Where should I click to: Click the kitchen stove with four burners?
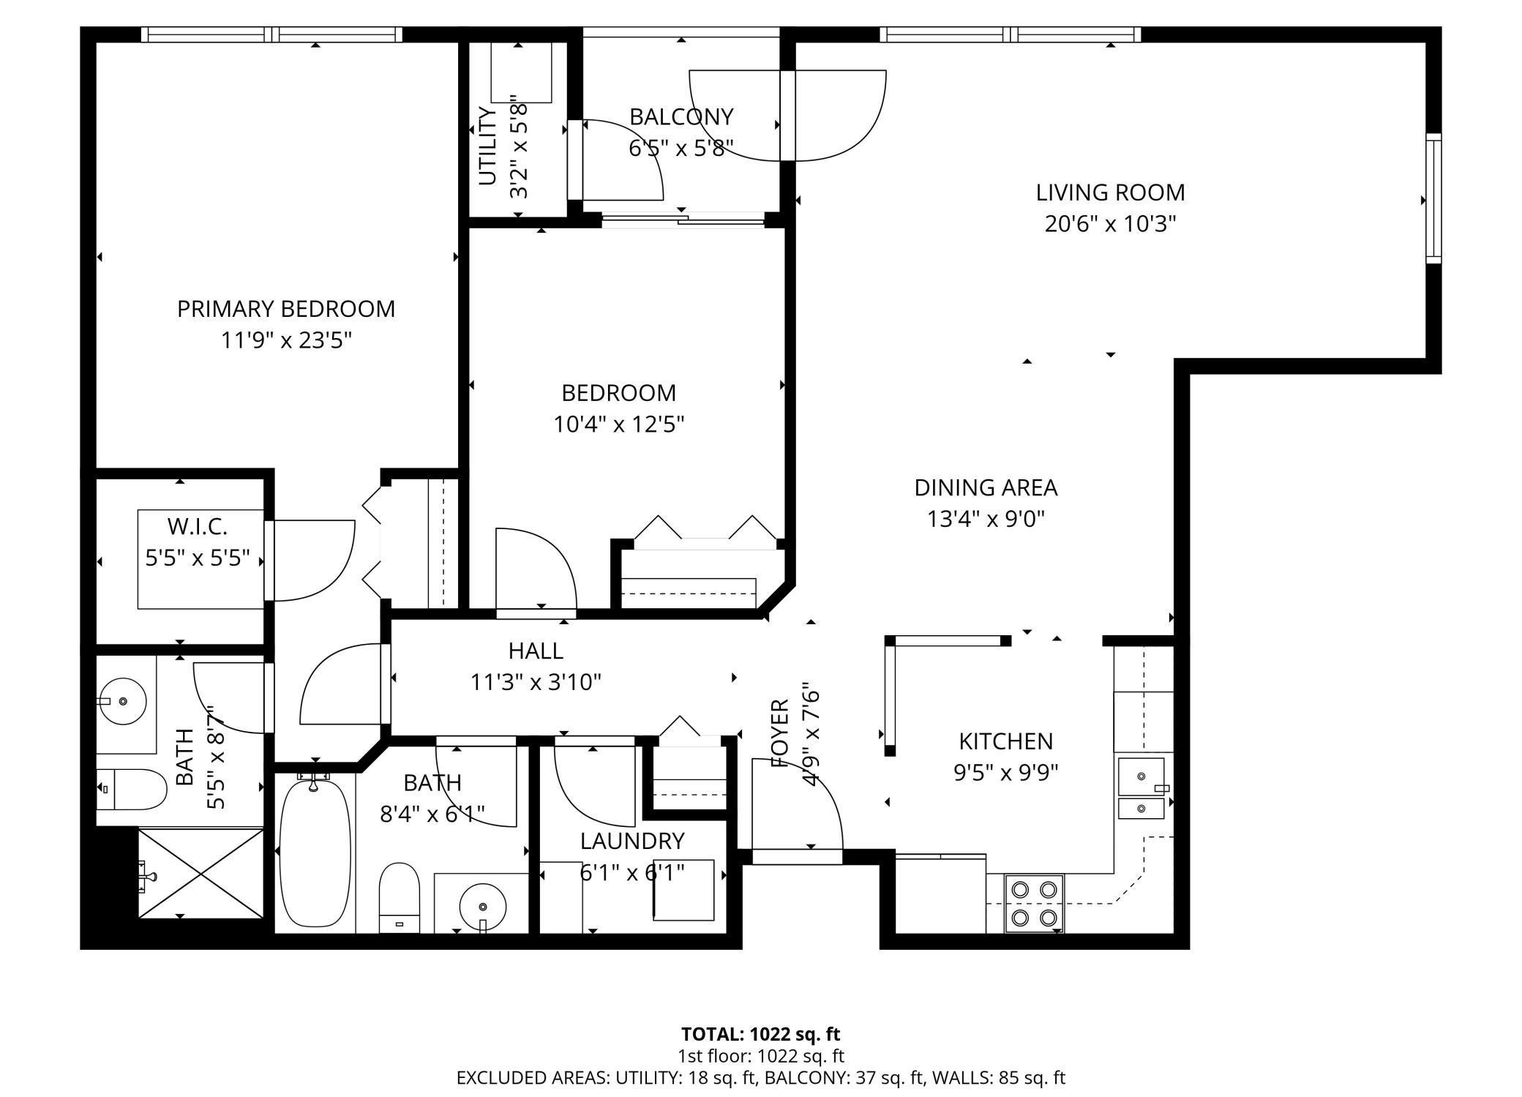point(1034,903)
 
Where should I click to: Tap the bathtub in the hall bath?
point(315,853)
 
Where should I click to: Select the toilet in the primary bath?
point(132,789)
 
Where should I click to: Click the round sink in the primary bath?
point(123,701)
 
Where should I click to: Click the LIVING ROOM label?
point(1109,192)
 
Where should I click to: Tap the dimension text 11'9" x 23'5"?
point(286,340)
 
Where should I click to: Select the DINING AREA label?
point(985,487)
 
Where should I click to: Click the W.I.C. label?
point(197,526)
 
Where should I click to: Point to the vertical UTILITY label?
point(487,146)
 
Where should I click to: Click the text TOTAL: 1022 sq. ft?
point(760,1034)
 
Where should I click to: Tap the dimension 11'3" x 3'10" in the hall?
point(536,682)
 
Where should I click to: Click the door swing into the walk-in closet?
point(311,560)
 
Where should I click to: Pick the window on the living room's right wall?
point(1433,198)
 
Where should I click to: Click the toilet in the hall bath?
point(400,897)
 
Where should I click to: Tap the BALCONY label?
point(681,117)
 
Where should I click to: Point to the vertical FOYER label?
point(781,733)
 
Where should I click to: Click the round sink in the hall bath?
point(483,906)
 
